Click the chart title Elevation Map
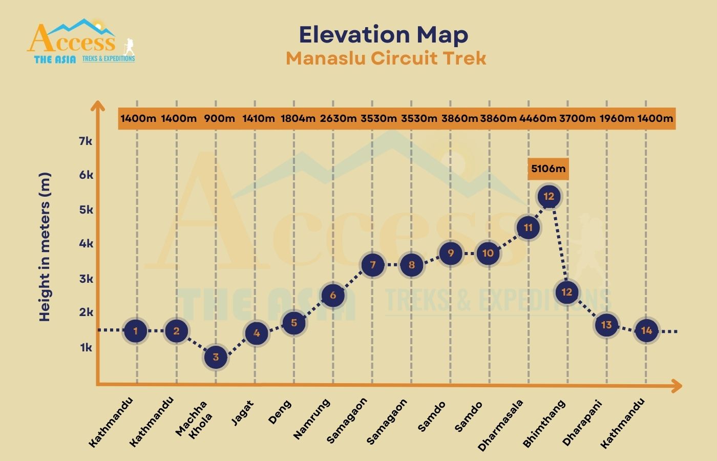[x=383, y=35]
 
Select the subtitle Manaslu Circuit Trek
[x=386, y=58]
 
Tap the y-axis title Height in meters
[x=45, y=247]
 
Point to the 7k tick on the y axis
[x=86, y=141]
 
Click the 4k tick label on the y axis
[x=86, y=243]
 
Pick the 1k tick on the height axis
[x=86, y=347]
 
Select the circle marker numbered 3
[x=216, y=357]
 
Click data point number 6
[x=333, y=295]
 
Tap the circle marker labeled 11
[x=528, y=227]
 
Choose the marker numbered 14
[x=646, y=330]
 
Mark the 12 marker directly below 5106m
[x=549, y=197]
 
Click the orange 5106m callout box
[x=548, y=169]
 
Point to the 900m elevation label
[x=219, y=118]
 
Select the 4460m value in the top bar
[x=537, y=118]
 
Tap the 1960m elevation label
[x=617, y=118]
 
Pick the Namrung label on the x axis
[x=311, y=419]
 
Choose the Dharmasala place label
[x=501, y=425]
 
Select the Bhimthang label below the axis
[x=544, y=423]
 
